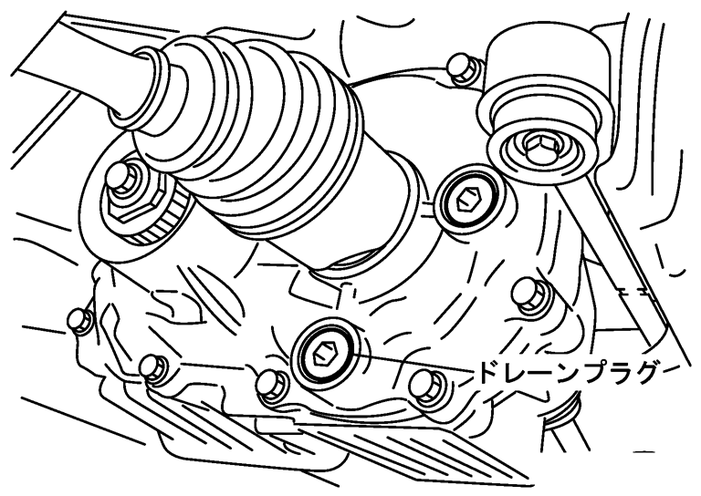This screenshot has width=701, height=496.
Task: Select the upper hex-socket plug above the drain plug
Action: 466,201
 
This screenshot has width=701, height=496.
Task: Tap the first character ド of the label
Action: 487,373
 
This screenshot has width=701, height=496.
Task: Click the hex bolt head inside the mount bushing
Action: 542,150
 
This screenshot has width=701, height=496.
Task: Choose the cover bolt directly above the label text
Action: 529,294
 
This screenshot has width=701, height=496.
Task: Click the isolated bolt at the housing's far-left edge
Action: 80,321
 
